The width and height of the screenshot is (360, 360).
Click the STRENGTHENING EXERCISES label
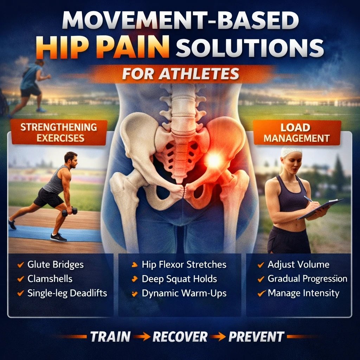[59, 132]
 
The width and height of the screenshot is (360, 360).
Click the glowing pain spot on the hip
[213, 160]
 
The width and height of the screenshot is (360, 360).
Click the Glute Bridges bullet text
[56, 265]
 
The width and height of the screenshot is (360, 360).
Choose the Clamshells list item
[50, 279]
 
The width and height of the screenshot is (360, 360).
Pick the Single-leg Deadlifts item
[67, 293]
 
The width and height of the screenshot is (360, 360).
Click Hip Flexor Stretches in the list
[184, 265]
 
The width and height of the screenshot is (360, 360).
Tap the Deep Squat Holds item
[179, 279]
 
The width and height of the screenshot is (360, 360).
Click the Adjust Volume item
[298, 265]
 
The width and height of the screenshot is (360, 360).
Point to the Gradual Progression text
[307, 279]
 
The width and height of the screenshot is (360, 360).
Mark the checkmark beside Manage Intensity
[261, 293]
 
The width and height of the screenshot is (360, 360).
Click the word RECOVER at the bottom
[180, 337]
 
